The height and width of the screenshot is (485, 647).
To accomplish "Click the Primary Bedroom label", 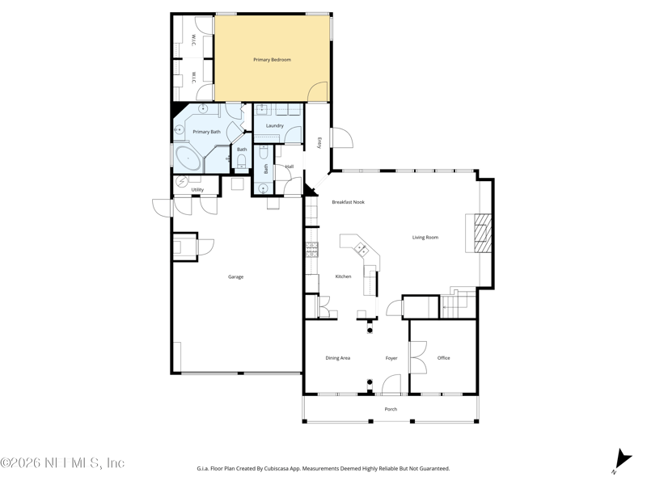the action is tap(272, 60).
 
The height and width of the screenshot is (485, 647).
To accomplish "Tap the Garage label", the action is tap(235, 276).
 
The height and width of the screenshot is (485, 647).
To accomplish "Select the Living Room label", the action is tap(425, 237).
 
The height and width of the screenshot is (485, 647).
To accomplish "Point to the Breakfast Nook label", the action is tap(349, 202).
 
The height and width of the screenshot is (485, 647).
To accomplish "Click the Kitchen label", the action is tap(343, 276).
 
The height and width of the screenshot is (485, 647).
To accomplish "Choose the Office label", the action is tap(443, 358).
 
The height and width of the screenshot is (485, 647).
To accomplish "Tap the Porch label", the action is tap(391, 409).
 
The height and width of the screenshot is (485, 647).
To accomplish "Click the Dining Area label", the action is tap(337, 358).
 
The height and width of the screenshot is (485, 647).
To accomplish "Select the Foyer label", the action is tap(391, 358).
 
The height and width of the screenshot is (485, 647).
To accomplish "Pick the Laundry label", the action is tap(275, 125).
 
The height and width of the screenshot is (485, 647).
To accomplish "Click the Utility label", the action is tap(197, 190).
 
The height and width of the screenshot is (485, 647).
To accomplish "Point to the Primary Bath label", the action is tap(207, 132).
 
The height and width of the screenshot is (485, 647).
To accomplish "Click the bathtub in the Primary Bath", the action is tap(188, 158).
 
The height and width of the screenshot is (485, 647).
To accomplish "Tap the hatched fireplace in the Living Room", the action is tap(483, 233).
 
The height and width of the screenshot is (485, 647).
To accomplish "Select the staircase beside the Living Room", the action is tap(459, 304).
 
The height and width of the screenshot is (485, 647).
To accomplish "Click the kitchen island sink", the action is tap(362, 249).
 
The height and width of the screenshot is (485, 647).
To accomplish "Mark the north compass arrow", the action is tap(623, 460).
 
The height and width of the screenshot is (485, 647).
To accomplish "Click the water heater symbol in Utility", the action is tap(182, 181).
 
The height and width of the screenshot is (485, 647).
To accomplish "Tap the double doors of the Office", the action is tap(418, 357).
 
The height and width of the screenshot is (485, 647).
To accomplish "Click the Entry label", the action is tap(319, 142).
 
